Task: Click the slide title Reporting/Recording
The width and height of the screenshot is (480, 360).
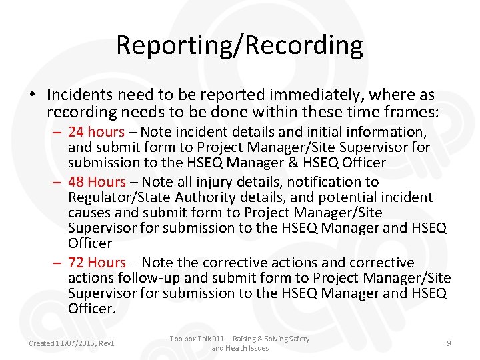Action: (x=239, y=45)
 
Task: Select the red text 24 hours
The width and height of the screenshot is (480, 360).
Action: (x=97, y=132)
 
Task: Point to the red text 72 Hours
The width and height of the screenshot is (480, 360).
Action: (x=97, y=262)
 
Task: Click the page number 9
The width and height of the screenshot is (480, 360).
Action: (x=449, y=343)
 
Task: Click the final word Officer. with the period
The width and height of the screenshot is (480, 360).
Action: (x=92, y=309)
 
